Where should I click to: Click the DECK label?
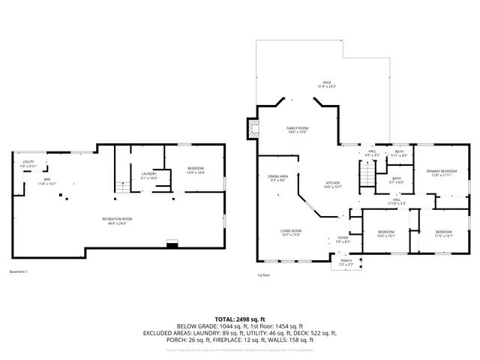326,82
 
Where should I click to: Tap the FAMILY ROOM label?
297,129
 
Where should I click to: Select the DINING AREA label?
277,177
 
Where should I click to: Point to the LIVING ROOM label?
291,231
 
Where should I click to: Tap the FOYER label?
343,238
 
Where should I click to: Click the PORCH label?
346,261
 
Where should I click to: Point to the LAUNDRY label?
148,174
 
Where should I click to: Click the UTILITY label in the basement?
28,162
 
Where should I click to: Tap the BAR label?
46,180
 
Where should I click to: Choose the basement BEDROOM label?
195,169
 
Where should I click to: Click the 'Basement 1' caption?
18,271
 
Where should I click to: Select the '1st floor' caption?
263,275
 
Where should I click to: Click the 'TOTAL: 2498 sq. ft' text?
240,319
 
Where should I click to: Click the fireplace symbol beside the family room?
254,128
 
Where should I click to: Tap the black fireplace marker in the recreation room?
172,244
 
